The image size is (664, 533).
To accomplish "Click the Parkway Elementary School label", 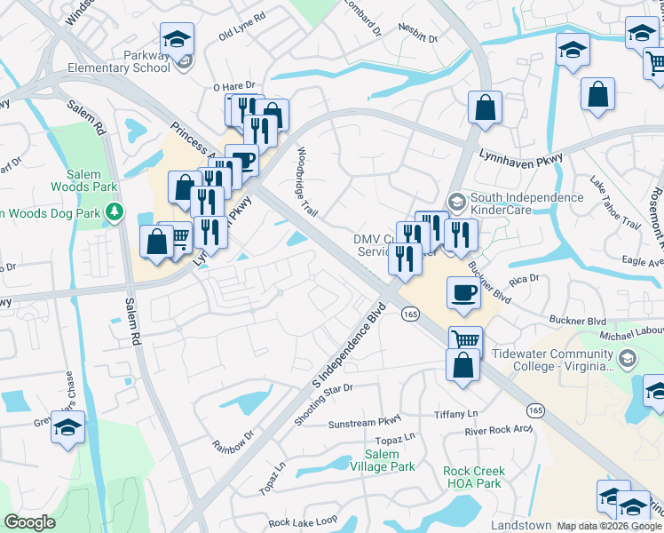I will [147, 61].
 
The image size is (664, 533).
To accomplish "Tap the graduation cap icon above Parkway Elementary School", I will [177, 40].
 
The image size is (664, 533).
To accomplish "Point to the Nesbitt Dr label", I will [418, 38].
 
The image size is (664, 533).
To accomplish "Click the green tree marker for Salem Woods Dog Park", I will [114, 212].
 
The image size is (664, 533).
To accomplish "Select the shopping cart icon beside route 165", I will [465, 339].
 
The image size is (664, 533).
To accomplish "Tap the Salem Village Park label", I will [382, 460].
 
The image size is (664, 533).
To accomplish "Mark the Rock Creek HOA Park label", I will [474, 478].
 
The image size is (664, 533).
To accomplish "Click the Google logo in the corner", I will [29, 522].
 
